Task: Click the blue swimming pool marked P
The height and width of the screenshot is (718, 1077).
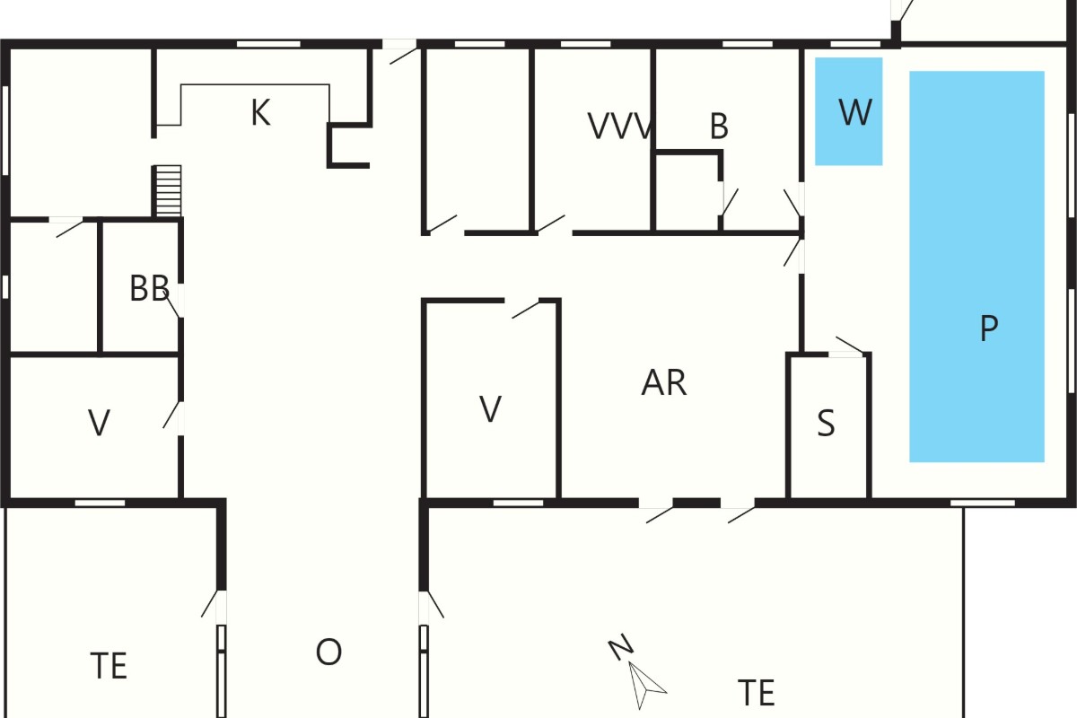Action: pyautogui.click(x=976, y=267)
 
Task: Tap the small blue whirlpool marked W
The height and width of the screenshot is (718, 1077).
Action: pyautogui.click(x=849, y=111)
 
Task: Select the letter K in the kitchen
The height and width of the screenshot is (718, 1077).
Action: pyautogui.click(x=260, y=112)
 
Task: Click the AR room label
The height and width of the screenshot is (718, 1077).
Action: pyautogui.click(x=664, y=383)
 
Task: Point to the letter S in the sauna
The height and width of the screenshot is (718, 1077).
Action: pyautogui.click(x=826, y=424)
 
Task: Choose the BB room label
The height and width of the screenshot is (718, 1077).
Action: pyautogui.click(x=150, y=288)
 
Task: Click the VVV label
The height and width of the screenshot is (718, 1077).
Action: pyautogui.click(x=619, y=127)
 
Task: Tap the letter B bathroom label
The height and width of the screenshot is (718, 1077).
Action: pyautogui.click(x=719, y=127)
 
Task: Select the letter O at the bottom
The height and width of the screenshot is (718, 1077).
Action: pyautogui.click(x=328, y=652)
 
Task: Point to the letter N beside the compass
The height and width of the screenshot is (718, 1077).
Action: pyautogui.click(x=621, y=646)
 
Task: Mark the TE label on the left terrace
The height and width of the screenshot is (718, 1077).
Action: pyautogui.click(x=109, y=666)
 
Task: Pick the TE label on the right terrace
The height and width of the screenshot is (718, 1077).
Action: pyautogui.click(x=757, y=693)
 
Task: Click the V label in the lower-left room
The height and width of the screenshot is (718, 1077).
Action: pyautogui.click(x=99, y=423)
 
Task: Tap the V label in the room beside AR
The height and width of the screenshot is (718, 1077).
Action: pyautogui.click(x=490, y=409)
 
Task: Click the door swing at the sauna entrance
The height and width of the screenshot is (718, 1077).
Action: pyautogui.click(x=850, y=345)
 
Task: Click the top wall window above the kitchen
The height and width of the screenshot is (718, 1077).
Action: pyautogui.click(x=268, y=44)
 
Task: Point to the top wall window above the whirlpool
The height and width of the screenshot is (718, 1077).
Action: pyautogui.click(x=855, y=44)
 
